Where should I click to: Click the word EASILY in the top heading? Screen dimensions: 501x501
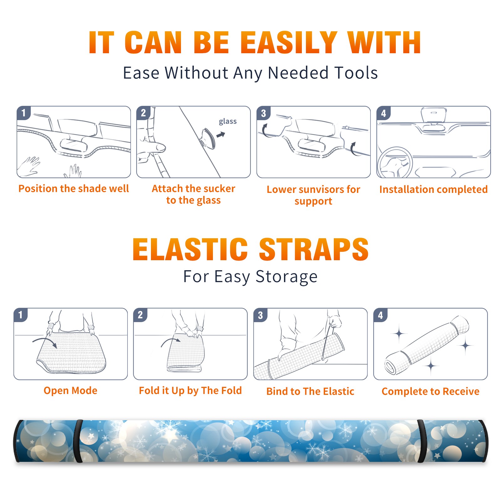(289, 43)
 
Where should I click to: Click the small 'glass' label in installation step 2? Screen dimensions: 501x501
(228, 121)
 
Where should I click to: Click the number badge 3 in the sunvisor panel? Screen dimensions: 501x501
(263, 113)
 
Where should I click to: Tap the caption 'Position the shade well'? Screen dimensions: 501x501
(74, 189)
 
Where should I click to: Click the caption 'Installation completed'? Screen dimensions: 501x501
(433, 189)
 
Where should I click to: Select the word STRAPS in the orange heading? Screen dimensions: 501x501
(314, 249)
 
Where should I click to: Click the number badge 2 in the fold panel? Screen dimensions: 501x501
(140, 315)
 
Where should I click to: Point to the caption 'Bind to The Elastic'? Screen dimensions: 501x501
(310, 391)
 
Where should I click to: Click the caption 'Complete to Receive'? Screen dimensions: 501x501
(431, 391)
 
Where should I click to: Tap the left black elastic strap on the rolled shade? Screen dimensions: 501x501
(79, 441)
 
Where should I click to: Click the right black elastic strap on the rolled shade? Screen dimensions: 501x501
(422, 441)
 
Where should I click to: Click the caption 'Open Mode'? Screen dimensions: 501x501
(70, 390)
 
